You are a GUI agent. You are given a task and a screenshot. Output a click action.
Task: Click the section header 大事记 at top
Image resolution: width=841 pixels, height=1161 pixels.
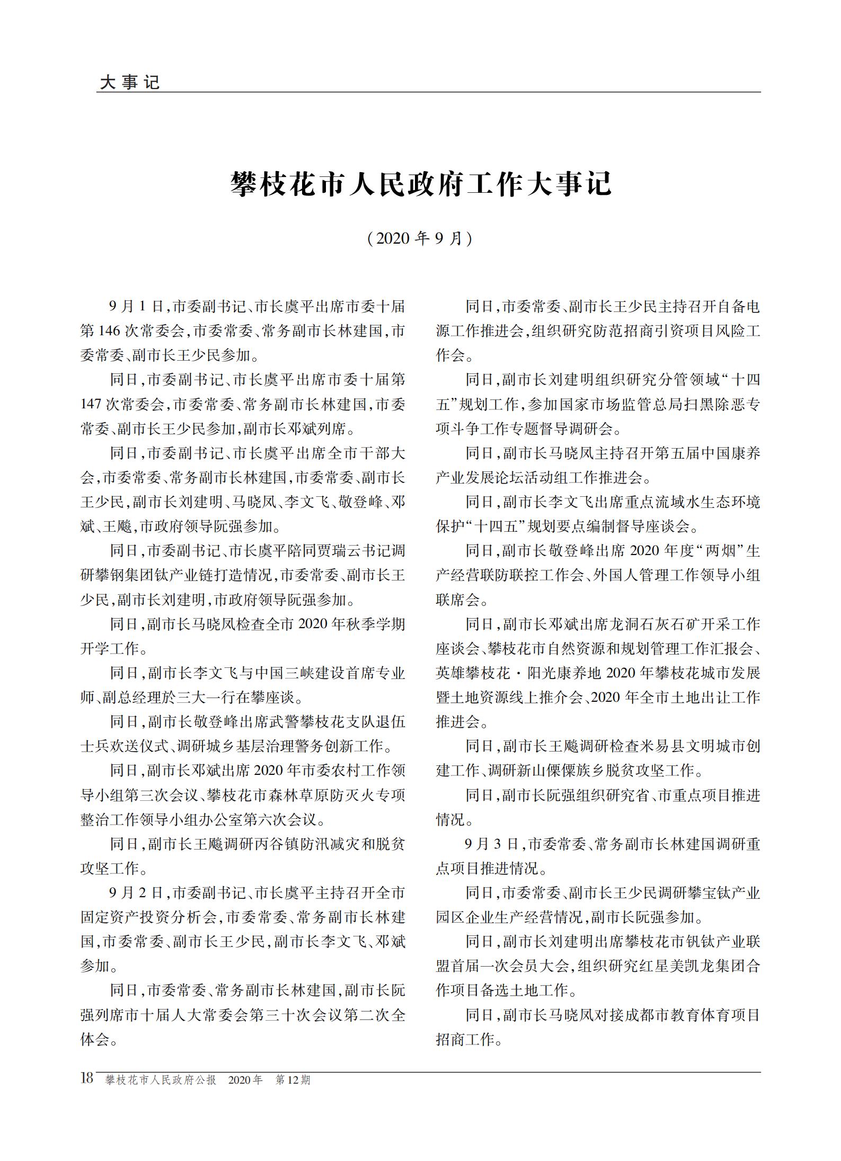point(129,82)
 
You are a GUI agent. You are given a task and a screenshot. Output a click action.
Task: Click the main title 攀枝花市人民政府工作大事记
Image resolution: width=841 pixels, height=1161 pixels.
point(421,184)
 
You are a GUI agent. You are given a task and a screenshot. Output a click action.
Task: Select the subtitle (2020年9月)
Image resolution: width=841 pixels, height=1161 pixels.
point(420,238)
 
